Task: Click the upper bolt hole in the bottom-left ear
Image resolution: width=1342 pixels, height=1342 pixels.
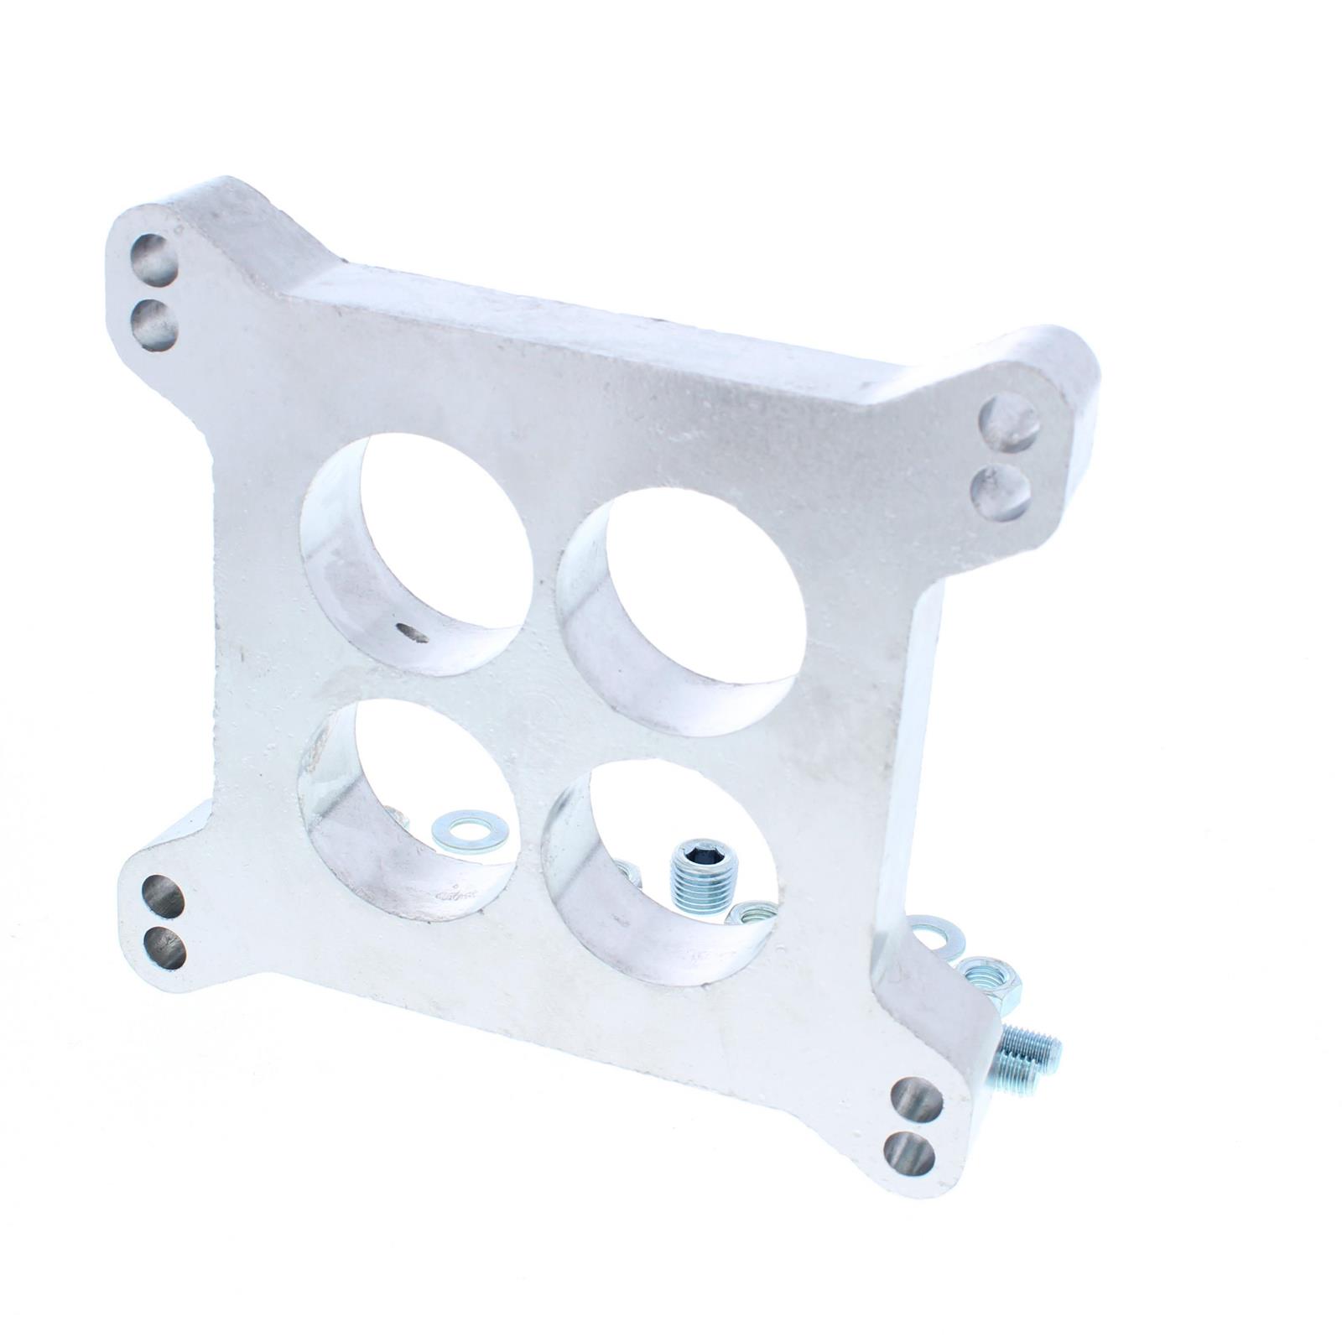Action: coord(163,898)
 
